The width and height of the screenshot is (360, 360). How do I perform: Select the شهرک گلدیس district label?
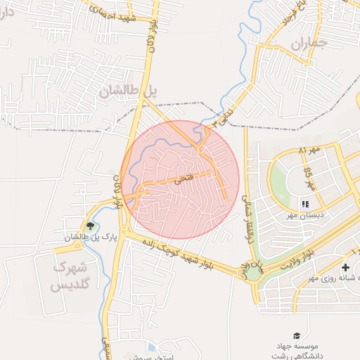click(72, 276)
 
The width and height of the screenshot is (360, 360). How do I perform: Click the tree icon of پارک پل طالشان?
click(89, 226)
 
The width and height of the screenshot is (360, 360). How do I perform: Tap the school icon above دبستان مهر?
click(305, 205)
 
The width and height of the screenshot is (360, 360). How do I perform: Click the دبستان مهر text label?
click(305, 217)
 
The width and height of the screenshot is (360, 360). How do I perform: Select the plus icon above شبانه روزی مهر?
click(345, 268)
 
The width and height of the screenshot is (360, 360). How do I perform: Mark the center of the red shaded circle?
click(180, 179)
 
